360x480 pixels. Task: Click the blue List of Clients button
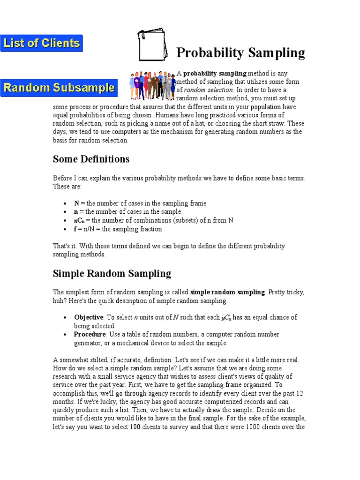[x=41, y=43]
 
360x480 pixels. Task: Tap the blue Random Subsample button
[x=59, y=87]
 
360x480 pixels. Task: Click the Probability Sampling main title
[x=240, y=53]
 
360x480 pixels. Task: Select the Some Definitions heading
[x=91, y=159]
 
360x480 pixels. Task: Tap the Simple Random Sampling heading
[x=112, y=273]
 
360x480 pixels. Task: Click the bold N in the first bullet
[x=77, y=203]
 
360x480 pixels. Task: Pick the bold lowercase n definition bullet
[x=76, y=212]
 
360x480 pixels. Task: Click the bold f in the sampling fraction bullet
[x=76, y=229]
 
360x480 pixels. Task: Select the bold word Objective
[x=89, y=317]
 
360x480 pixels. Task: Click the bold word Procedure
[x=90, y=334]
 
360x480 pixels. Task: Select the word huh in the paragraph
[x=58, y=300]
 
